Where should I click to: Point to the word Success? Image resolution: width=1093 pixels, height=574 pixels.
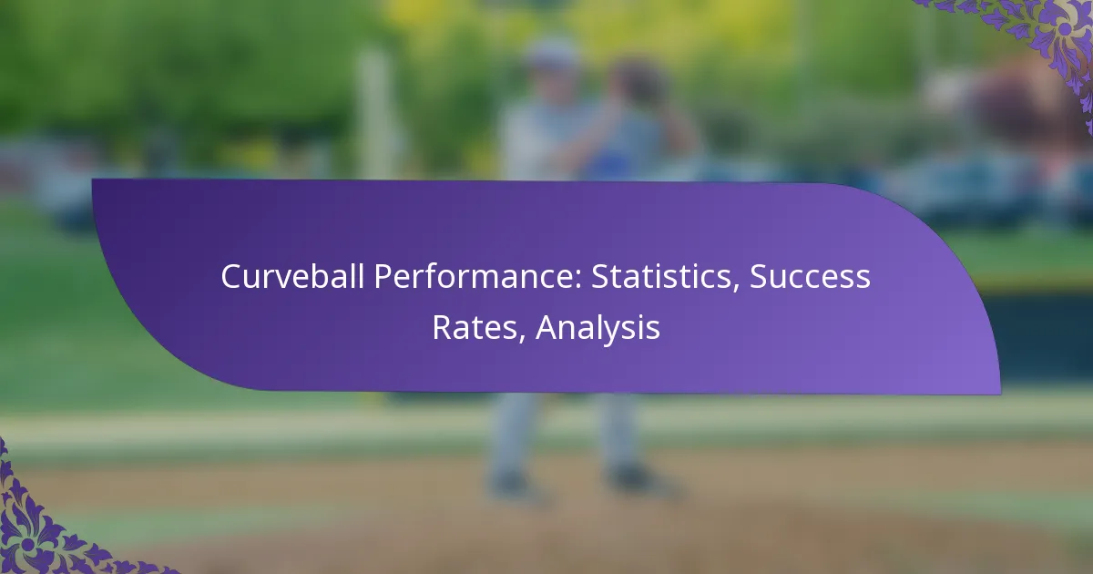click(810, 277)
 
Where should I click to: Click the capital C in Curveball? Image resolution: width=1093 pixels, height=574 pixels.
click(231, 277)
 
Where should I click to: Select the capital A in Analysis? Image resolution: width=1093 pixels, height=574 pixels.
click(548, 327)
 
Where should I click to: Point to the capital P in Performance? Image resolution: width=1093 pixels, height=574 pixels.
click(383, 277)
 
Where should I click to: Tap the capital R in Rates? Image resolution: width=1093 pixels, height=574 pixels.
click(443, 327)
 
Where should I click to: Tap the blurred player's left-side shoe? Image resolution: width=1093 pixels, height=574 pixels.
click(512, 485)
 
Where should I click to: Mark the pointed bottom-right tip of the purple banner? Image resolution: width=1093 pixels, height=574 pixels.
click(1000, 393)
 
